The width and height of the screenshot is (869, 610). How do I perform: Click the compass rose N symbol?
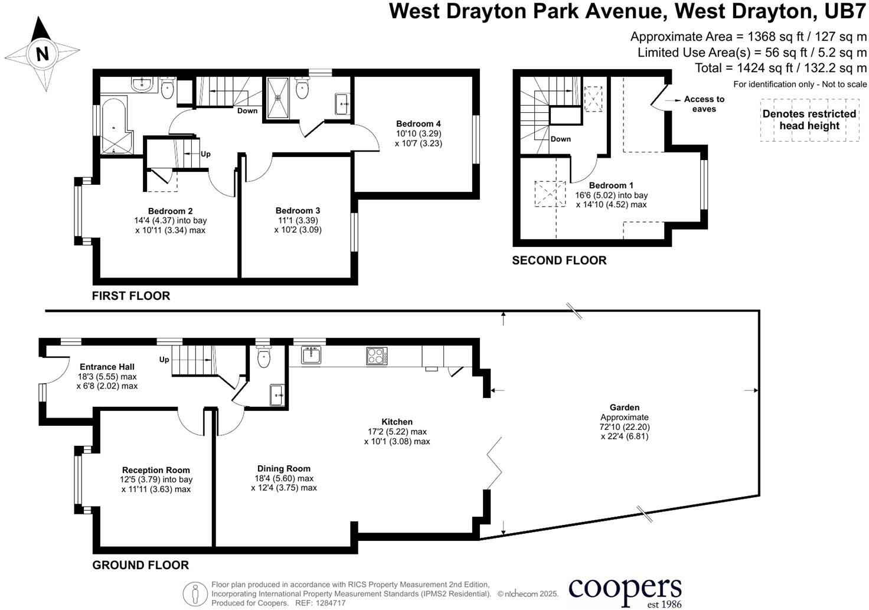pyautogui.click(x=42, y=54)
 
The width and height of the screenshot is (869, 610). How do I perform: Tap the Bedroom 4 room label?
pyautogui.click(x=418, y=124)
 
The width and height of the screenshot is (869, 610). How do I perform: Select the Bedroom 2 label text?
pyautogui.click(x=170, y=211)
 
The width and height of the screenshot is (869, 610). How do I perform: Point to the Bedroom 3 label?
pyautogui.click(x=298, y=211)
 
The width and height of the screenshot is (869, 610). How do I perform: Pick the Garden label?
pyautogui.click(x=625, y=407)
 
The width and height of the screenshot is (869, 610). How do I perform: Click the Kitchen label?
pyautogui.click(x=397, y=422)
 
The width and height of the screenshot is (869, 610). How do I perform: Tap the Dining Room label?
pyautogui.click(x=283, y=469)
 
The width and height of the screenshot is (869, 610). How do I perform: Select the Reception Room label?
pyautogui.click(x=156, y=471)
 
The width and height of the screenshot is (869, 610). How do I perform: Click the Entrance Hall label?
pyautogui.click(x=107, y=367)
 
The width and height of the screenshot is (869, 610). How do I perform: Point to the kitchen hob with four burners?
pyautogui.click(x=377, y=355)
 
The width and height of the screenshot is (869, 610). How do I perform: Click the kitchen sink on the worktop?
pyautogui.click(x=311, y=354)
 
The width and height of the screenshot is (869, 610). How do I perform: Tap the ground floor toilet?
pyautogui.click(x=263, y=357)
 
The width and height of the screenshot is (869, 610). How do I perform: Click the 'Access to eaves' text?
pyautogui.click(x=704, y=104)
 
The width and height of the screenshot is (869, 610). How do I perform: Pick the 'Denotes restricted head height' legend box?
pyautogui.click(x=809, y=120)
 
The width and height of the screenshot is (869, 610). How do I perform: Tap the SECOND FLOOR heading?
pyautogui.click(x=558, y=260)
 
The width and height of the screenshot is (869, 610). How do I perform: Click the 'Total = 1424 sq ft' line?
pyautogui.click(x=780, y=68)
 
